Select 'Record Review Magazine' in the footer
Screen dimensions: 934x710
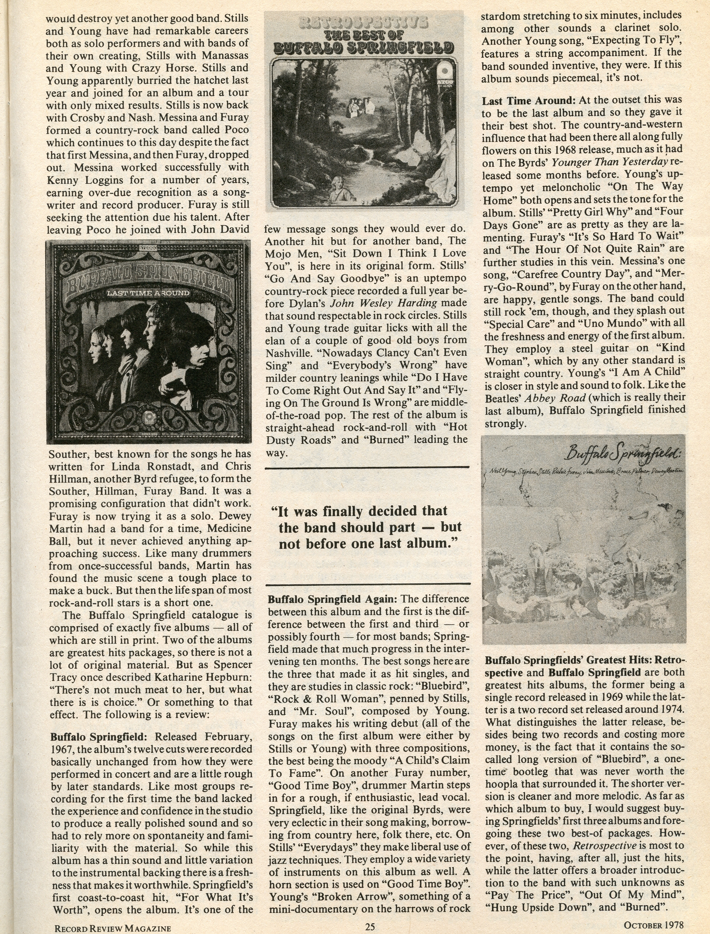click(x=113, y=925)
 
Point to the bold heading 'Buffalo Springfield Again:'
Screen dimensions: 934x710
click(x=333, y=599)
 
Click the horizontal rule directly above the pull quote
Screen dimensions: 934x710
click(x=367, y=467)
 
